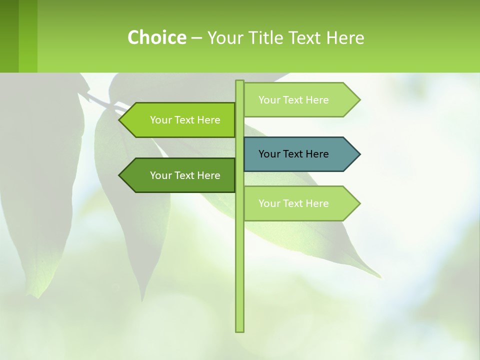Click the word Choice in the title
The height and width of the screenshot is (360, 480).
point(156,37)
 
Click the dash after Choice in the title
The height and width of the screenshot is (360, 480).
point(196,38)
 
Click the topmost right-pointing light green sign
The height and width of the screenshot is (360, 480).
point(295,100)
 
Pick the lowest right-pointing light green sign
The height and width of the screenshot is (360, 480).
point(295,203)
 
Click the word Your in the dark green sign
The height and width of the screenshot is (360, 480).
point(160,175)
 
